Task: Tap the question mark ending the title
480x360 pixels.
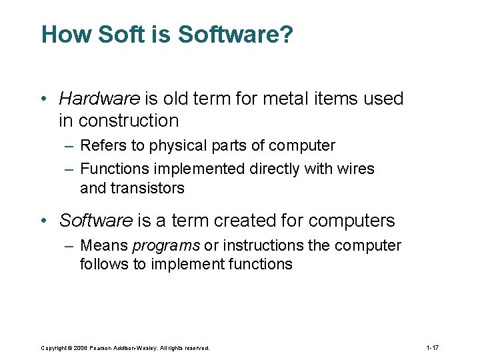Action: (x=285, y=35)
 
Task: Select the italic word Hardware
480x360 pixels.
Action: (x=99, y=99)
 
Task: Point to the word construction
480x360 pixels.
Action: (x=129, y=121)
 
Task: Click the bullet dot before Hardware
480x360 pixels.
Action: (x=44, y=99)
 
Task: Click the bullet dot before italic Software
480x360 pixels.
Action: (x=44, y=221)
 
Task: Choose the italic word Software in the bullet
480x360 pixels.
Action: (x=97, y=220)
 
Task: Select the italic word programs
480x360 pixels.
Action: (x=166, y=246)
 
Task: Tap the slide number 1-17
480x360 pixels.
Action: (x=432, y=347)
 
